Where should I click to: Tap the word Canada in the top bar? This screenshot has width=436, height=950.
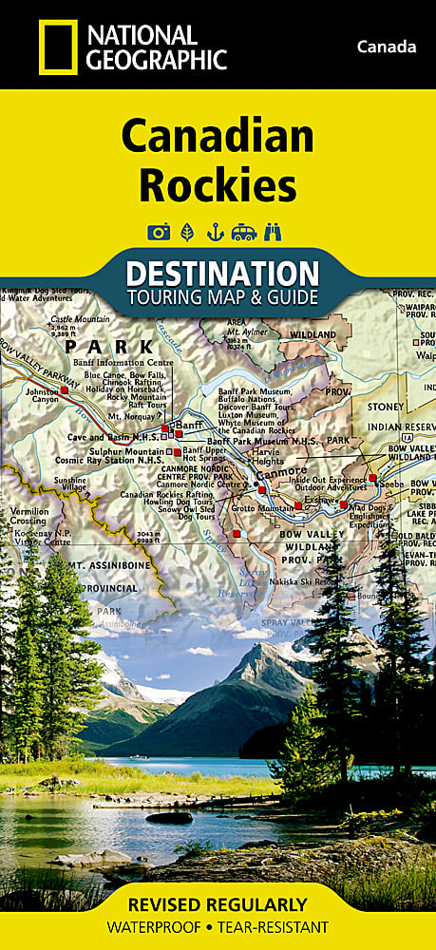pos(387,47)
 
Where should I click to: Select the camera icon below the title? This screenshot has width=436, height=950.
pos(159,231)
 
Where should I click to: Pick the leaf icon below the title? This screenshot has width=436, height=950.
pos(187,231)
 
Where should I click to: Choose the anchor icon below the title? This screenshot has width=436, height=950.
pos(216,231)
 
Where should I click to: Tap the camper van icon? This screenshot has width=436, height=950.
pos(245,231)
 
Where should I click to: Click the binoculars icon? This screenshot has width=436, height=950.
pos(275,231)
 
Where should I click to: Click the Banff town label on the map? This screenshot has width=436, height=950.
pos(190,424)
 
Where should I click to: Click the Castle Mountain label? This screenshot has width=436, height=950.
pos(82,319)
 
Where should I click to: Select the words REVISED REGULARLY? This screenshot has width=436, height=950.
pos(218,904)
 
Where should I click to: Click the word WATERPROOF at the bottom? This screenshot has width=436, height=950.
pos(156,927)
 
